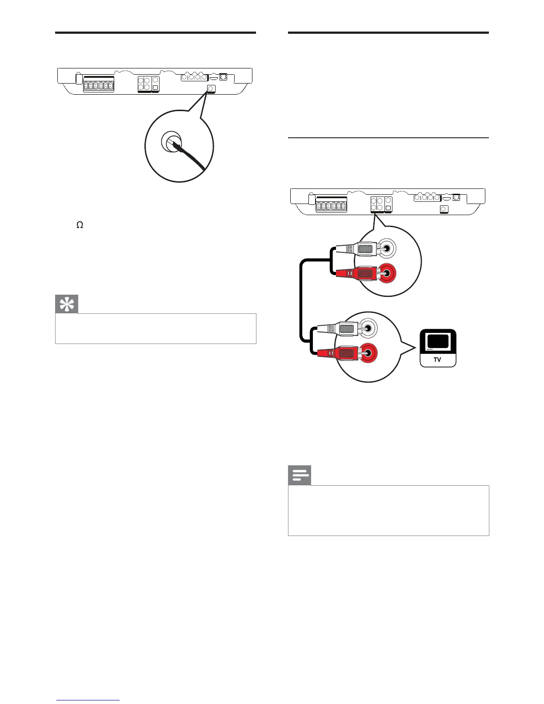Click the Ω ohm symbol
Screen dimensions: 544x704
pyautogui.click(x=80, y=225)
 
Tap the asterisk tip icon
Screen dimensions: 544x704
pyautogui.click(x=67, y=304)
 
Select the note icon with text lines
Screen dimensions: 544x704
pyautogui.click(x=300, y=476)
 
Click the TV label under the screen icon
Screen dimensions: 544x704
pyautogui.click(x=438, y=360)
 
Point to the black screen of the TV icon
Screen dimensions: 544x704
pyautogui.click(x=438, y=341)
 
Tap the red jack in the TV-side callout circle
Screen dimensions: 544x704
pyautogui.click(x=369, y=353)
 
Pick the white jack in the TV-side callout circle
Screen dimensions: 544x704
pyautogui.click(x=369, y=329)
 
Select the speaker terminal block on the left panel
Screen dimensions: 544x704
pyautogui.click(x=98, y=86)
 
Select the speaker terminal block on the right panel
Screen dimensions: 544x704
pyautogui.click(x=331, y=206)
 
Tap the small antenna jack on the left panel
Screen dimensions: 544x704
pyautogui.click(x=211, y=89)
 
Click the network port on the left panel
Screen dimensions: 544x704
pyautogui.click(x=224, y=77)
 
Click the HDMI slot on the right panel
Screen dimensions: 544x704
pyautogui.click(x=446, y=198)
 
